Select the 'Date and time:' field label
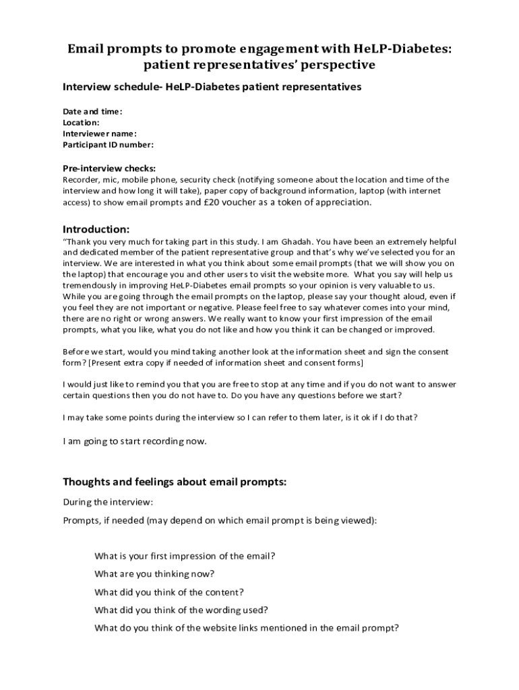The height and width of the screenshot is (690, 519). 92,111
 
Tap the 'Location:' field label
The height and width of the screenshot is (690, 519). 81,123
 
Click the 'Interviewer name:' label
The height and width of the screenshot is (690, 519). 100,133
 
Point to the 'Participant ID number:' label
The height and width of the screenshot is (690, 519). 108,144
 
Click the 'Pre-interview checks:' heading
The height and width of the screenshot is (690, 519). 109,168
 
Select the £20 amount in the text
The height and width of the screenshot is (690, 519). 211,201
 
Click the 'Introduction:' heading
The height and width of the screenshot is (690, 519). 96,228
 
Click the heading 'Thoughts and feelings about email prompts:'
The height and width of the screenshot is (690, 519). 175,482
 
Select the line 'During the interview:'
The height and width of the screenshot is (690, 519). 108,502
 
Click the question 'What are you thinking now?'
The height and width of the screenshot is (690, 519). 154,574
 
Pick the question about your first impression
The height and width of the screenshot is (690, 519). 185,556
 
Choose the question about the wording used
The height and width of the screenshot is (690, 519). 181,610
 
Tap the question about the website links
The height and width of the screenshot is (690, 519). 247,628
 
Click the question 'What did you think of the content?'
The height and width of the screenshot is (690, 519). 169,592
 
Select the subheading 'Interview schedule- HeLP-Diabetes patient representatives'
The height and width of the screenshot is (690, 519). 212,87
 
